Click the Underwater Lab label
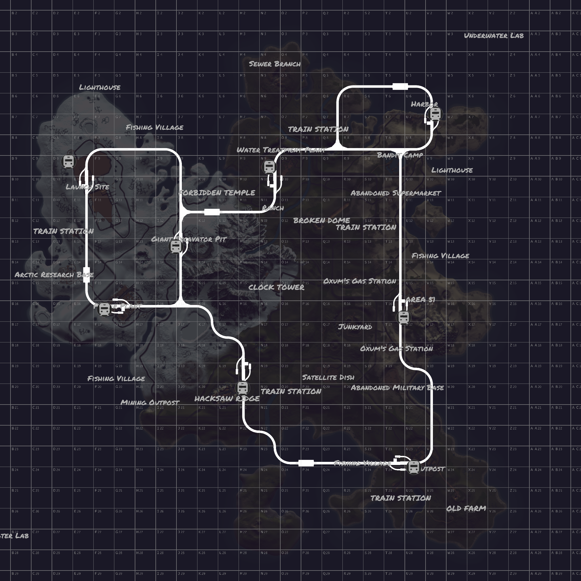pyautogui.click(x=494, y=35)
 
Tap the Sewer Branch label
pyautogui.click(x=275, y=64)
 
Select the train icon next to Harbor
pyautogui.click(x=435, y=114)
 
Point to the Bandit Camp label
pyautogui.click(x=400, y=155)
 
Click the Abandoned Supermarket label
pyautogui.click(x=396, y=193)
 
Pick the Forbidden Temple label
pyautogui.click(x=217, y=192)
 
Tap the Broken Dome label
pyautogui.click(x=321, y=220)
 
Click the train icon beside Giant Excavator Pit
pyautogui.click(x=176, y=247)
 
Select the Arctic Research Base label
pyautogui.click(x=54, y=275)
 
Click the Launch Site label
pyautogui.click(x=87, y=187)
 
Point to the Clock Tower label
pyautogui.click(x=276, y=287)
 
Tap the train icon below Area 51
pyautogui.click(x=404, y=317)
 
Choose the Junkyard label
pyautogui.click(x=355, y=327)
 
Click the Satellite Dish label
pyautogui.click(x=328, y=377)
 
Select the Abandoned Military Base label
pyautogui.click(x=397, y=388)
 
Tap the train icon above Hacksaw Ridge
pyautogui.click(x=242, y=388)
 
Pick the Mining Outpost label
pyautogui.click(x=150, y=402)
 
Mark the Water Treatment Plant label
pyautogui.click(x=281, y=150)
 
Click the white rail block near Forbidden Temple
pyautogui.click(x=212, y=212)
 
